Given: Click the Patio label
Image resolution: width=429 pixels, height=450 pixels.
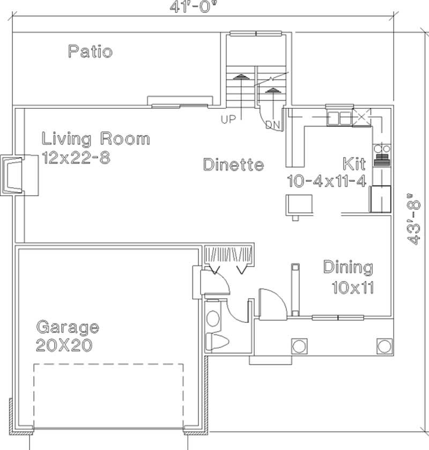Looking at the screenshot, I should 90,52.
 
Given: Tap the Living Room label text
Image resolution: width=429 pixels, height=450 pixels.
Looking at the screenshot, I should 96,139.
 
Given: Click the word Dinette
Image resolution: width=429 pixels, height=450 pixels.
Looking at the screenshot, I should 233,165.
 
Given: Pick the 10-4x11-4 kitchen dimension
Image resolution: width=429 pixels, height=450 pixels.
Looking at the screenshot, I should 327,181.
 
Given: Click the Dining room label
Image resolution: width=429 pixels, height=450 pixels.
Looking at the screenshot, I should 347,267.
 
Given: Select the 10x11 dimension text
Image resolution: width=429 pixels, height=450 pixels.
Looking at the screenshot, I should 352,288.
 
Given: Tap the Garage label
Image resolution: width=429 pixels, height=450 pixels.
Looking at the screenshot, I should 67,326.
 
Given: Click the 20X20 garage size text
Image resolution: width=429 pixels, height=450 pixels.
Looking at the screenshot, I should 63,345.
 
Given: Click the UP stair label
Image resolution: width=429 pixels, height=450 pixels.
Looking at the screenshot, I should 228,120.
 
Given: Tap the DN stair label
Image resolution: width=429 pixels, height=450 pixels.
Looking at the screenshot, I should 273,124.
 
